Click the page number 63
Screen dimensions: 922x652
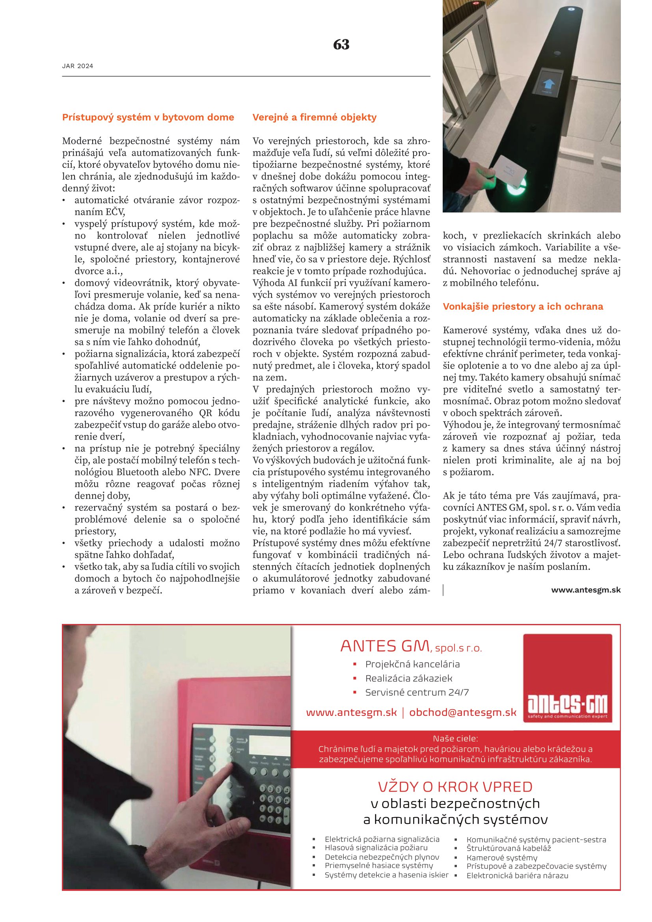(341, 44)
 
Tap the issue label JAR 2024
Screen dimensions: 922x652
(78, 66)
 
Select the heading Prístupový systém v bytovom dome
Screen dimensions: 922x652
(148, 117)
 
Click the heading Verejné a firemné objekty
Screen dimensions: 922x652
(314, 117)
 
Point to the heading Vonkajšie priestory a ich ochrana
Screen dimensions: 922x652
(523, 306)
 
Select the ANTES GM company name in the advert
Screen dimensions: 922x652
(385, 646)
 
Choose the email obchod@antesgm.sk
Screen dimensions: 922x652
(462, 712)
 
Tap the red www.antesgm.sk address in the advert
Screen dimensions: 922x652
(351, 712)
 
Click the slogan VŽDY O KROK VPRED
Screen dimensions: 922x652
(455, 787)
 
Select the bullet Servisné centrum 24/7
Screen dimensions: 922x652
(417, 692)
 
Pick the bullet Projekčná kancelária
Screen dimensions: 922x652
(412, 664)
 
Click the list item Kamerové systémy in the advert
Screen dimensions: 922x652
(501, 857)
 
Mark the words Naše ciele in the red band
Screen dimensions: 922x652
(455, 738)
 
